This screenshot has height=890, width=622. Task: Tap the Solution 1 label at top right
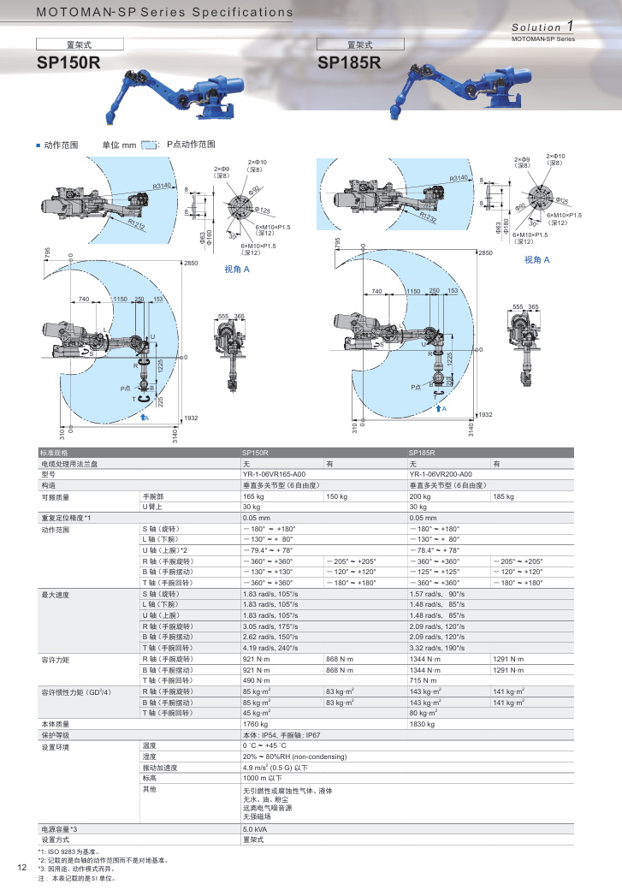click(x=542, y=27)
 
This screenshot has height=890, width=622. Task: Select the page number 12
click(x=22, y=868)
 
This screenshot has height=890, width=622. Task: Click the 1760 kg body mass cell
click(x=255, y=723)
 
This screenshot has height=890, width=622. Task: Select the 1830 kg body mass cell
click(x=422, y=723)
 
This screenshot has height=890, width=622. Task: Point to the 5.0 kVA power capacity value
click(x=255, y=829)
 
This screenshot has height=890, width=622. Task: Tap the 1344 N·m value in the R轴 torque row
click(x=424, y=658)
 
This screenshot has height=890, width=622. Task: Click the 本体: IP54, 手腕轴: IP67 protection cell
click(x=293, y=734)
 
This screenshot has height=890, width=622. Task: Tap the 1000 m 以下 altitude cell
click(x=262, y=778)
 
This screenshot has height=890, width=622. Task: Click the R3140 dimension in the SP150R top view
click(x=163, y=185)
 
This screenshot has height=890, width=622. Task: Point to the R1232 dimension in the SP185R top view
click(x=428, y=218)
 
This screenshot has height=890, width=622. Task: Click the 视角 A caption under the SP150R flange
click(x=237, y=269)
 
